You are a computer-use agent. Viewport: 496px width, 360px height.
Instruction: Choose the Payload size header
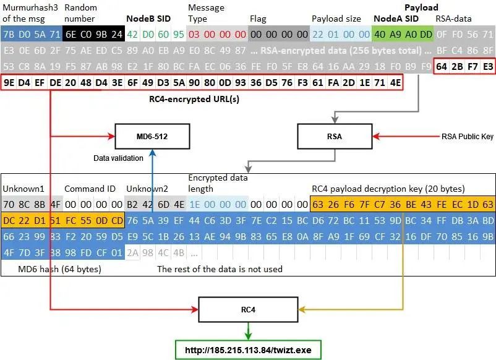pos(340,19)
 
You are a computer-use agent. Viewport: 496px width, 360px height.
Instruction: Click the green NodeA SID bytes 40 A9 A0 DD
pos(403,33)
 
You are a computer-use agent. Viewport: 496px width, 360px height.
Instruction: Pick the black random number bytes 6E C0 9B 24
pos(93,33)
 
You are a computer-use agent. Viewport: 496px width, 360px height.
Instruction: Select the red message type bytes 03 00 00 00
pos(217,33)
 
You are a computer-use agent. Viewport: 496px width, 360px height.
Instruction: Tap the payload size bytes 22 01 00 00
pos(341,33)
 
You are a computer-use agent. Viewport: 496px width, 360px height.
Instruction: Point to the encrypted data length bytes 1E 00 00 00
pos(217,204)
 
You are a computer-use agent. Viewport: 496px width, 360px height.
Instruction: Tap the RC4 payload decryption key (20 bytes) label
pos(388,189)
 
